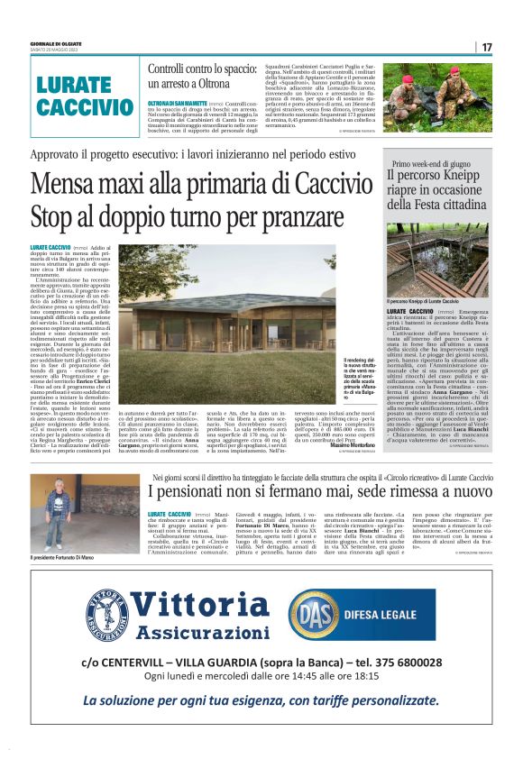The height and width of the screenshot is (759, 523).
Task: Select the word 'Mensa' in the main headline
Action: point(79,185)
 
